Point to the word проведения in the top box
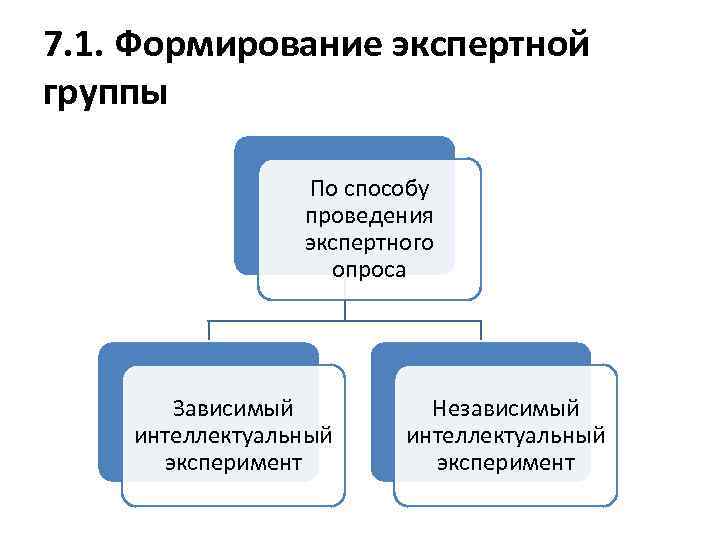point(369,216)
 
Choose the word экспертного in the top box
point(369,243)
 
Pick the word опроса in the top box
point(369,270)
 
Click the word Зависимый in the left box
point(232,409)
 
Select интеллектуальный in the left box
point(232,436)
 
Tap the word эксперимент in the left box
point(232,463)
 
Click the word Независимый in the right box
point(505,409)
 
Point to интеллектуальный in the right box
point(505,436)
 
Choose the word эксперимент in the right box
point(505,463)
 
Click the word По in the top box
point(325,189)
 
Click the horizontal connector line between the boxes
point(280,321)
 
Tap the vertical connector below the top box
point(345,310)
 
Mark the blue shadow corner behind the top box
point(246,150)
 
